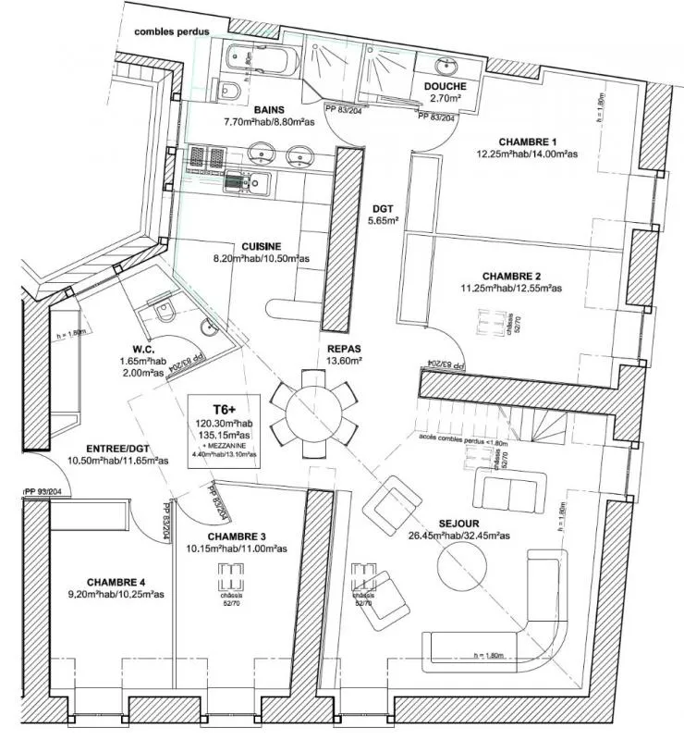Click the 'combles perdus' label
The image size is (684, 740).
172,31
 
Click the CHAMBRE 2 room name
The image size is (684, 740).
511,276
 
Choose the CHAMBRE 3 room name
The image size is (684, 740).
237,536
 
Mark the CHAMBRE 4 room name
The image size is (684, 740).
116,582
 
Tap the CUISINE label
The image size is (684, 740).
262,246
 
